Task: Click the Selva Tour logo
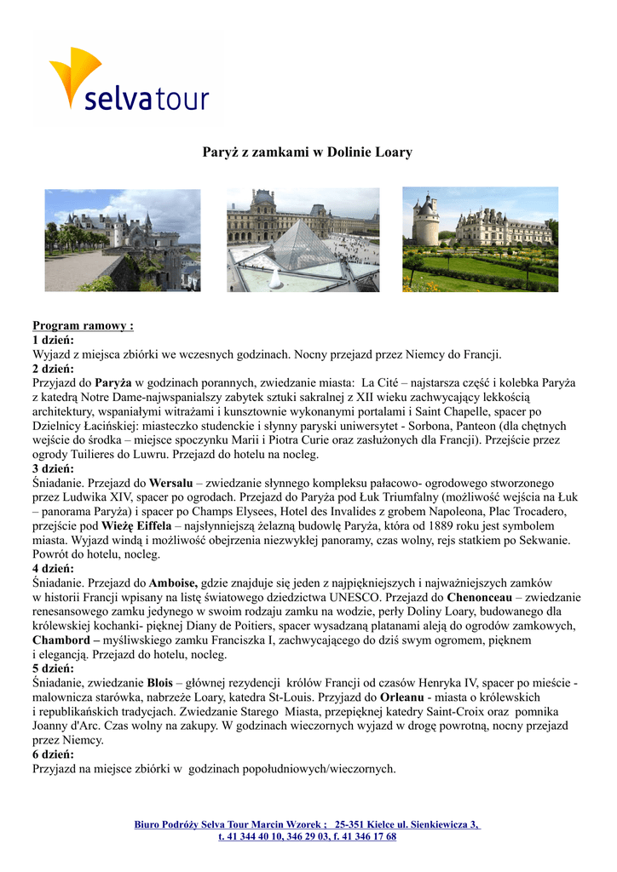click(x=128, y=80)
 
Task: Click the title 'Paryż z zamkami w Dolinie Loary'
click(x=307, y=152)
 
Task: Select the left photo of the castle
click(x=122, y=240)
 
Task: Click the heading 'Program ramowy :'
click(x=83, y=325)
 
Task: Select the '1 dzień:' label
click(x=53, y=340)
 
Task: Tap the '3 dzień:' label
click(x=53, y=469)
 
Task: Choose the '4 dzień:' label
click(x=53, y=568)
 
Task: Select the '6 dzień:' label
click(x=53, y=754)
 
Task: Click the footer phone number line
click(x=308, y=836)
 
